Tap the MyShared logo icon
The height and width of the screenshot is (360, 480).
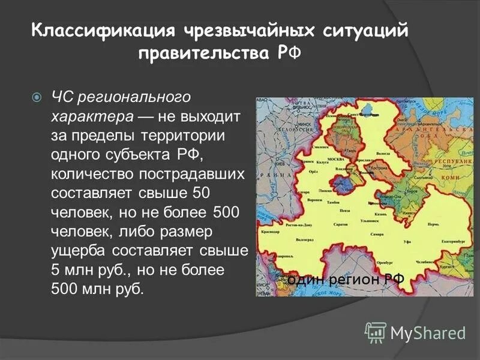click(376, 332)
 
